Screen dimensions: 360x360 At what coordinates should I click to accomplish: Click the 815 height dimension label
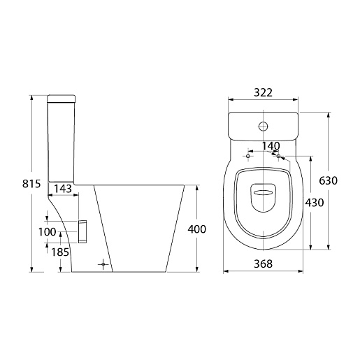tap(31, 184)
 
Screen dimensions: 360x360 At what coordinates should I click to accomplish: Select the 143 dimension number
tap(63, 189)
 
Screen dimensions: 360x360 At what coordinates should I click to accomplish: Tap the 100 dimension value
tap(47, 232)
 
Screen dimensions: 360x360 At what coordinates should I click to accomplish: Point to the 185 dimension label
tap(60, 252)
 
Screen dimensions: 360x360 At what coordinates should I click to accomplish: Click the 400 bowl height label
tap(197, 229)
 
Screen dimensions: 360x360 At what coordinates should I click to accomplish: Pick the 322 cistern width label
tap(263, 92)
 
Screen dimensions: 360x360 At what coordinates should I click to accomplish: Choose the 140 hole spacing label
tap(271, 146)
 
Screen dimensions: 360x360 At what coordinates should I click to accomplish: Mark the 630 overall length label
tap(329, 180)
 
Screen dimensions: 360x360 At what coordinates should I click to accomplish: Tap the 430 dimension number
tap(315, 203)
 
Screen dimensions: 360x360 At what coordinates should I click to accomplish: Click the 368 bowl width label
tap(263, 264)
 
